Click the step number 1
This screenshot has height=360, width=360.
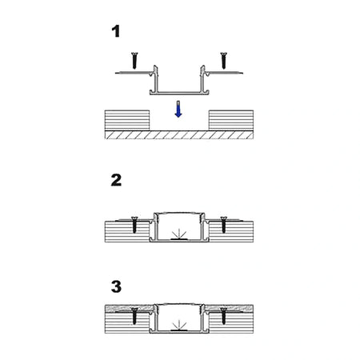pyautogui.click(x=116, y=31)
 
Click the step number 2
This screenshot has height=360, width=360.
pyautogui.click(x=116, y=180)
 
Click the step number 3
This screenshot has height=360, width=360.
pyautogui.click(x=116, y=286)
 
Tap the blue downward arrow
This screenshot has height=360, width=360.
pyautogui.click(x=178, y=109)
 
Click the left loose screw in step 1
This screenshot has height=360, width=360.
pyautogui.click(x=134, y=61)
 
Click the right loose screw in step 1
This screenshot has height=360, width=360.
pyautogui.click(x=224, y=61)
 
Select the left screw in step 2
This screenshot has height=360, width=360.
pyautogui.click(x=134, y=225)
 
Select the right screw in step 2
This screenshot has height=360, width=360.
pyautogui.click(x=224, y=225)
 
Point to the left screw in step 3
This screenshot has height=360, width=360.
pyautogui.click(x=134, y=316)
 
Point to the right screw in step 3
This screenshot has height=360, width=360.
pyautogui.click(x=224, y=316)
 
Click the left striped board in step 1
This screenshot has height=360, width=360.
pyautogui.click(x=127, y=120)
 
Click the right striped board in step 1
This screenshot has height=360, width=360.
pyautogui.click(x=231, y=120)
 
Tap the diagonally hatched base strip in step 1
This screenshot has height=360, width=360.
pyautogui.click(x=179, y=134)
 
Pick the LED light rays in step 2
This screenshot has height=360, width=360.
pyautogui.click(x=179, y=234)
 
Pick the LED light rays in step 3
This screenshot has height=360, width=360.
pyautogui.click(x=179, y=326)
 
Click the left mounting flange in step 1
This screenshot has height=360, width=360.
pyautogui.click(x=133, y=73)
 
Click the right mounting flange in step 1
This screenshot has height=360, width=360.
pyautogui.click(x=225, y=73)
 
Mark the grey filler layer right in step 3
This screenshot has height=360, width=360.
pyautogui.click(x=229, y=308)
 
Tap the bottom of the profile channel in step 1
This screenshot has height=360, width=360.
pyautogui.click(x=179, y=93)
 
